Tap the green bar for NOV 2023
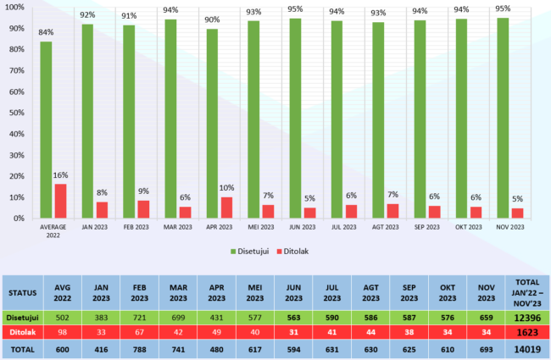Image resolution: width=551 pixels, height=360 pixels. (503, 118)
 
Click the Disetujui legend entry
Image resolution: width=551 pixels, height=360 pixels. (258, 252)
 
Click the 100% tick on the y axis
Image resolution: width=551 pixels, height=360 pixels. (14, 6)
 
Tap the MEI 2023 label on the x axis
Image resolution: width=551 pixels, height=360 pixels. (260, 227)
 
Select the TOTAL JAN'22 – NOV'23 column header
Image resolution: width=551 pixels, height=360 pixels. (527, 292)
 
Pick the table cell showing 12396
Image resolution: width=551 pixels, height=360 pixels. (527, 317)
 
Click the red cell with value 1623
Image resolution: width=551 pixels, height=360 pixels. (527, 333)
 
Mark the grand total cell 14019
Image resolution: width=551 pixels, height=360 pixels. (527, 349)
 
